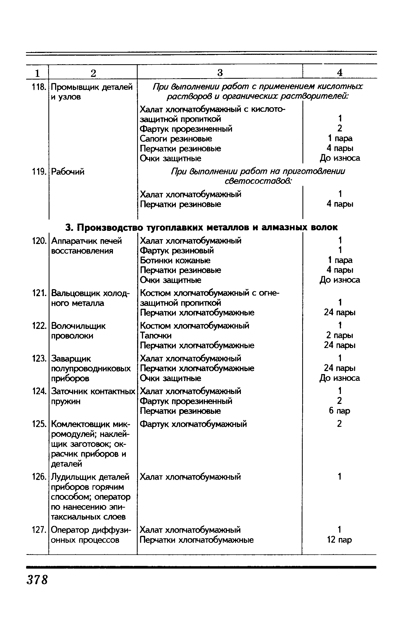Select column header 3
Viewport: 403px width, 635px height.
coord(220,73)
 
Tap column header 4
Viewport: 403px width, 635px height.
coord(340,73)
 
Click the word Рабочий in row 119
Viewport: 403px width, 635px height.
coord(67,171)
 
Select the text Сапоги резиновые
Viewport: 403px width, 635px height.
coord(176,139)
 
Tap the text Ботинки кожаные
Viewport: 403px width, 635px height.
coord(175,260)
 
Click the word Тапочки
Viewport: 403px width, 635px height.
coord(156,336)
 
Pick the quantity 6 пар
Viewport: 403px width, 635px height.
coord(340,411)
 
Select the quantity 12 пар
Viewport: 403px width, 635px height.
coord(340,540)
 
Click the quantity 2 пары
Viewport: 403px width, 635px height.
coord(340,336)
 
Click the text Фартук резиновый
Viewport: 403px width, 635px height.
coord(177,250)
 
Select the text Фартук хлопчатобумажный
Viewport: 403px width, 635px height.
coord(194,424)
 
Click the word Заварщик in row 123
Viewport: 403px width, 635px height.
coord(71,359)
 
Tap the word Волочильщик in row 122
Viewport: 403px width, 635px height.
coord(78,326)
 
